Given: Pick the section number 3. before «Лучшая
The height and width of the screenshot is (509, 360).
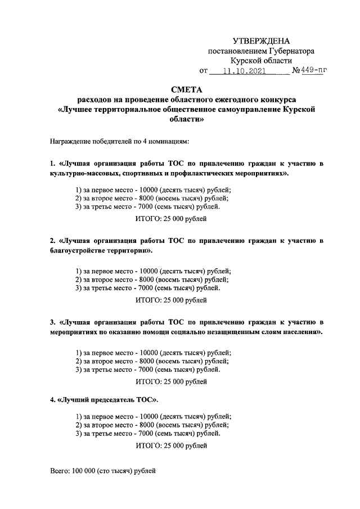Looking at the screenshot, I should click(52, 323).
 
